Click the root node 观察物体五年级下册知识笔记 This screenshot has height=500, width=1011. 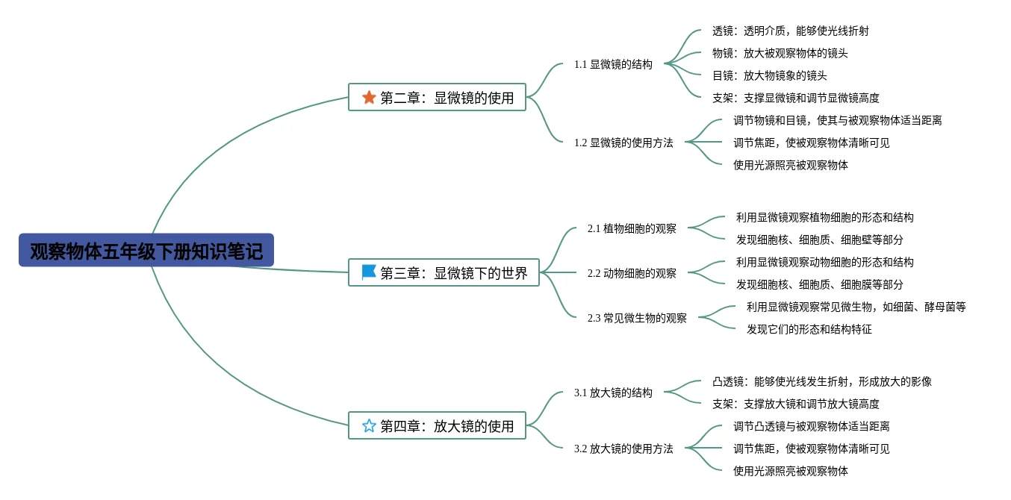point(146,251)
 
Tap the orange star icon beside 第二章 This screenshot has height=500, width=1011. point(369,97)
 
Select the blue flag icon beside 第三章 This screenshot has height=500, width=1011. point(369,272)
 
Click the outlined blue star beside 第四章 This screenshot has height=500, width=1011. point(369,425)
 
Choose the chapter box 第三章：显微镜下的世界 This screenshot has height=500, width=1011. point(444,272)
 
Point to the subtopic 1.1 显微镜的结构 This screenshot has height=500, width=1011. point(613,64)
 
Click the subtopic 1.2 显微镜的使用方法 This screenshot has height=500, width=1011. point(623,143)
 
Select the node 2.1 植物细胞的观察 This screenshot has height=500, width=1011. point(632,228)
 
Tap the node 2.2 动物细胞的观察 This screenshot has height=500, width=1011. point(632,273)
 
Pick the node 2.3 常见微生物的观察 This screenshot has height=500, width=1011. point(637,318)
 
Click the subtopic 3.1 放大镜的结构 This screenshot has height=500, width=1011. point(613,393)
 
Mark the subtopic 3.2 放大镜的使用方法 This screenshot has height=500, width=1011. point(623,449)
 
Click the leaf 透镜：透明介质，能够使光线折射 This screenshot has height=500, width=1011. point(790,31)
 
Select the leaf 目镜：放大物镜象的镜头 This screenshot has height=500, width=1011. point(769,75)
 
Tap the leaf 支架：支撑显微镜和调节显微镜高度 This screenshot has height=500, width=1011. point(795,98)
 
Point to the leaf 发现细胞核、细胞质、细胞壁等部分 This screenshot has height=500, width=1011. point(819,240)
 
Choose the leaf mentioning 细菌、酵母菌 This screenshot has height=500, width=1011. point(856,307)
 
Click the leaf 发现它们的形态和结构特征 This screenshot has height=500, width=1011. point(809,329)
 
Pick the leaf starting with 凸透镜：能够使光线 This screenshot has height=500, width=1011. point(821,381)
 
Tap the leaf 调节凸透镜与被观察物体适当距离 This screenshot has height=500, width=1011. point(811,426)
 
